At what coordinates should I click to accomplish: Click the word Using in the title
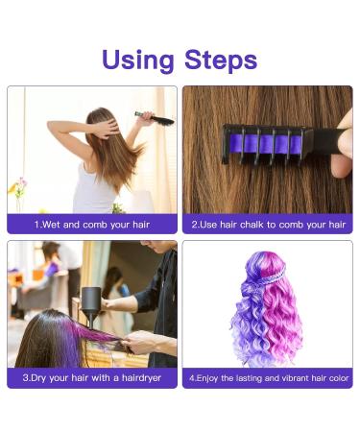tap(138, 60)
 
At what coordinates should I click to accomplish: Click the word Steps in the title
tap(221, 60)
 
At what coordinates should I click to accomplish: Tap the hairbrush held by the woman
tap(156, 118)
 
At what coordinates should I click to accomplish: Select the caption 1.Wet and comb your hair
tap(92, 225)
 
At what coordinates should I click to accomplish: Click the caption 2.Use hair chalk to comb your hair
tap(269, 225)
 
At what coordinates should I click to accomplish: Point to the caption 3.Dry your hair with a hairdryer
tap(92, 378)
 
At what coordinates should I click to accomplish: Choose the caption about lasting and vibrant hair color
tap(269, 378)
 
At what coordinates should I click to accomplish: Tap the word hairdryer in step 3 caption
tap(141, 378)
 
